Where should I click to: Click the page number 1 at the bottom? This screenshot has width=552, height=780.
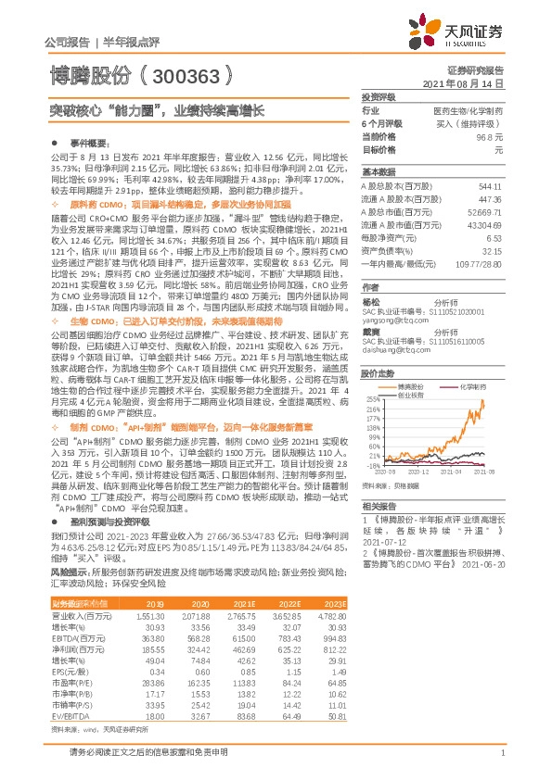click(501, 764)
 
